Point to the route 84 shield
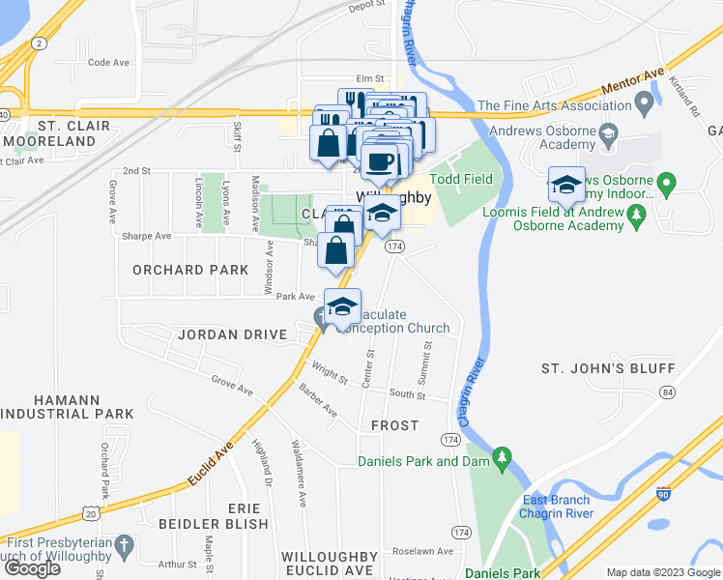(667, 391)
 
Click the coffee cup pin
(381, 162)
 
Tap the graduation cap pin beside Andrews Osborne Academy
(566, 183)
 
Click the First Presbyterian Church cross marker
(123, 547)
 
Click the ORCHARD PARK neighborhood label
(190, 270)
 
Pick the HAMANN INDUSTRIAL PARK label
(69, 406)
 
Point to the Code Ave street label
(108, 62)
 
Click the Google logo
(32, 567)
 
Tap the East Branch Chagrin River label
(556, 507)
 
